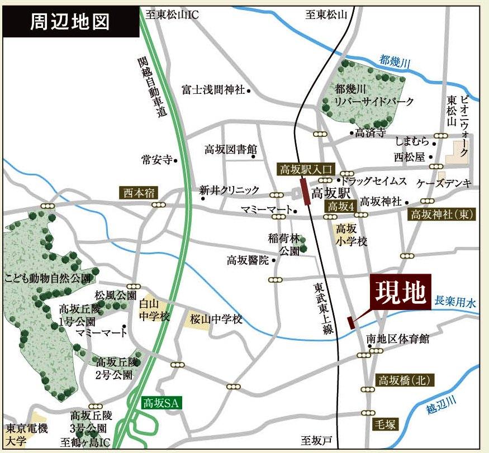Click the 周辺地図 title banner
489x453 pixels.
[x=69, y=22]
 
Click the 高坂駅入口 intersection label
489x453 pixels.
[x=305, y=168]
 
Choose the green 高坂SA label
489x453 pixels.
[x=160, y=403]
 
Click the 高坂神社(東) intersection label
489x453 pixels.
[x=442, y=214]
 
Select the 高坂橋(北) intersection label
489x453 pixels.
[x=405, y=380]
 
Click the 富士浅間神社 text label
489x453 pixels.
[x=213, y=89]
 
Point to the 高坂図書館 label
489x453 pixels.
[x=230, y=149]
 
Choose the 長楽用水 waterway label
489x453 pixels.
[x=455, y=303]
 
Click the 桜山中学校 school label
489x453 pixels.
[x=215, y=320]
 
